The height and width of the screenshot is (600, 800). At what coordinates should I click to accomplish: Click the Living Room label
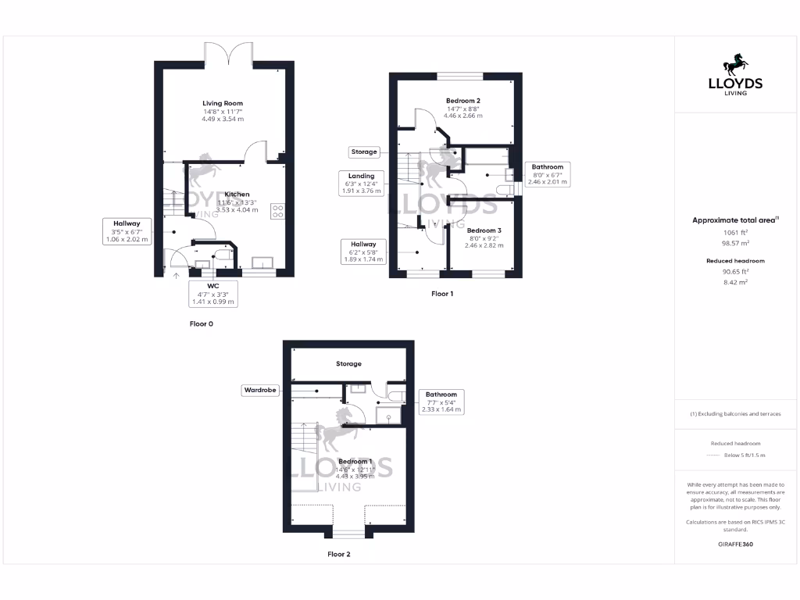click(223, 103)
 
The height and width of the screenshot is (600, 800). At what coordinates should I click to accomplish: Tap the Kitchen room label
click(237, 194)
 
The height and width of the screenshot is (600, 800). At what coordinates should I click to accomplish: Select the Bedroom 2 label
click(462, 101)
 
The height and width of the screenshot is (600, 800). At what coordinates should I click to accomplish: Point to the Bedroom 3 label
click(484, 230)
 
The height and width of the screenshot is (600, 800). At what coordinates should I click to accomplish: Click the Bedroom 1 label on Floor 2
click(355, 462)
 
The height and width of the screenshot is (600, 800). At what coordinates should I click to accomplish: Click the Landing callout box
click(361, 183)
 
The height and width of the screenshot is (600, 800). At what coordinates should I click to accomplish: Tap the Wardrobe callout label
click(260, 389)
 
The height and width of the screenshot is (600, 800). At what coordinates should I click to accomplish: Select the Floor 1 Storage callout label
click(363, 152)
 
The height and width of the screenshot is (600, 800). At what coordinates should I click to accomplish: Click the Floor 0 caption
click(201, 323)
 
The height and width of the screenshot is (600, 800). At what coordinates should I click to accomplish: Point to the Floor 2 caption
click(338, 554)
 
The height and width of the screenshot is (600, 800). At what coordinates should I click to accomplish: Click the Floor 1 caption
click(441, 294)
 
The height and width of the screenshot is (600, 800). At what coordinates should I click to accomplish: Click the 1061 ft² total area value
click(734, 232)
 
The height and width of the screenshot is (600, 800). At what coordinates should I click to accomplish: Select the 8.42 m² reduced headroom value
click(734, 282)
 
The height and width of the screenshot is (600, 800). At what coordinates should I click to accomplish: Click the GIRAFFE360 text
click(734, 544)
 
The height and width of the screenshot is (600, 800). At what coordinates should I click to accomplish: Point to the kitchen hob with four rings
click(277, 210)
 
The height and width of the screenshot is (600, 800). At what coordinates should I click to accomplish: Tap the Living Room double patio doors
click(228, 55)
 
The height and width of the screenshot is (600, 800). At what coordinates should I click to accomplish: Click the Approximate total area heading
click(734, 221)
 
